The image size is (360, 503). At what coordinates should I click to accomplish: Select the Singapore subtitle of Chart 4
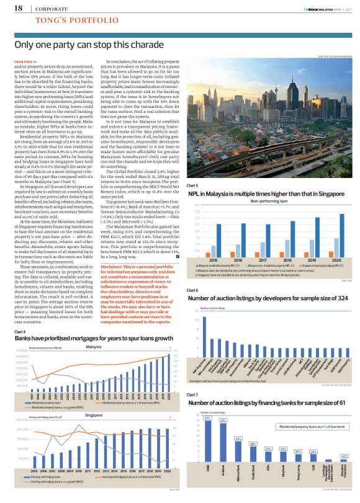click(x=93, y=414)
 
